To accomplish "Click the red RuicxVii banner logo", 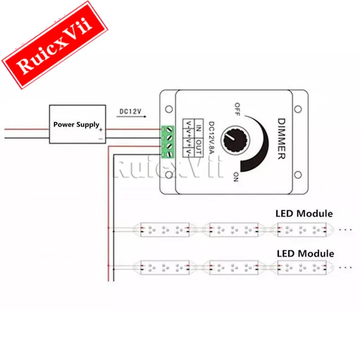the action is click(54, 45).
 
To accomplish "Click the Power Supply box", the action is click(77, 124).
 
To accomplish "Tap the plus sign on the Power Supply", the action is click(101, 130).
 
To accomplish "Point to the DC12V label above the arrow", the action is click(130, 111).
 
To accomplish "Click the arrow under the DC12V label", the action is click(131, 117).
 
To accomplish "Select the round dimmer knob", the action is click(235, 140).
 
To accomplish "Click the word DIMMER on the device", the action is click(282, 139).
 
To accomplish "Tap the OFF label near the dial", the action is click(237, 109).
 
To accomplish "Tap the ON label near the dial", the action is click(236, 177).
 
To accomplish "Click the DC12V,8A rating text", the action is click(211, 138).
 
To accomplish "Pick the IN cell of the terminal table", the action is click(199, 128).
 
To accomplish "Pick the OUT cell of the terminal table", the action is click(199, 148).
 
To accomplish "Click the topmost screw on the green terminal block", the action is click(170, 130).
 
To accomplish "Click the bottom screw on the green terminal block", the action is click(170, 154).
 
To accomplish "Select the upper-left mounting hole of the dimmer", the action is click(169, 109).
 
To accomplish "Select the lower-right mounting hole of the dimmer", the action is click(298, 175).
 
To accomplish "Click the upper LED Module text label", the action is click(304, 214).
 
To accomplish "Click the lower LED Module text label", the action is click(306, 254).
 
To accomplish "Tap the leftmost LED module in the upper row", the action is click(165, 229).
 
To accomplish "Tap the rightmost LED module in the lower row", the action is click(301, 267).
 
